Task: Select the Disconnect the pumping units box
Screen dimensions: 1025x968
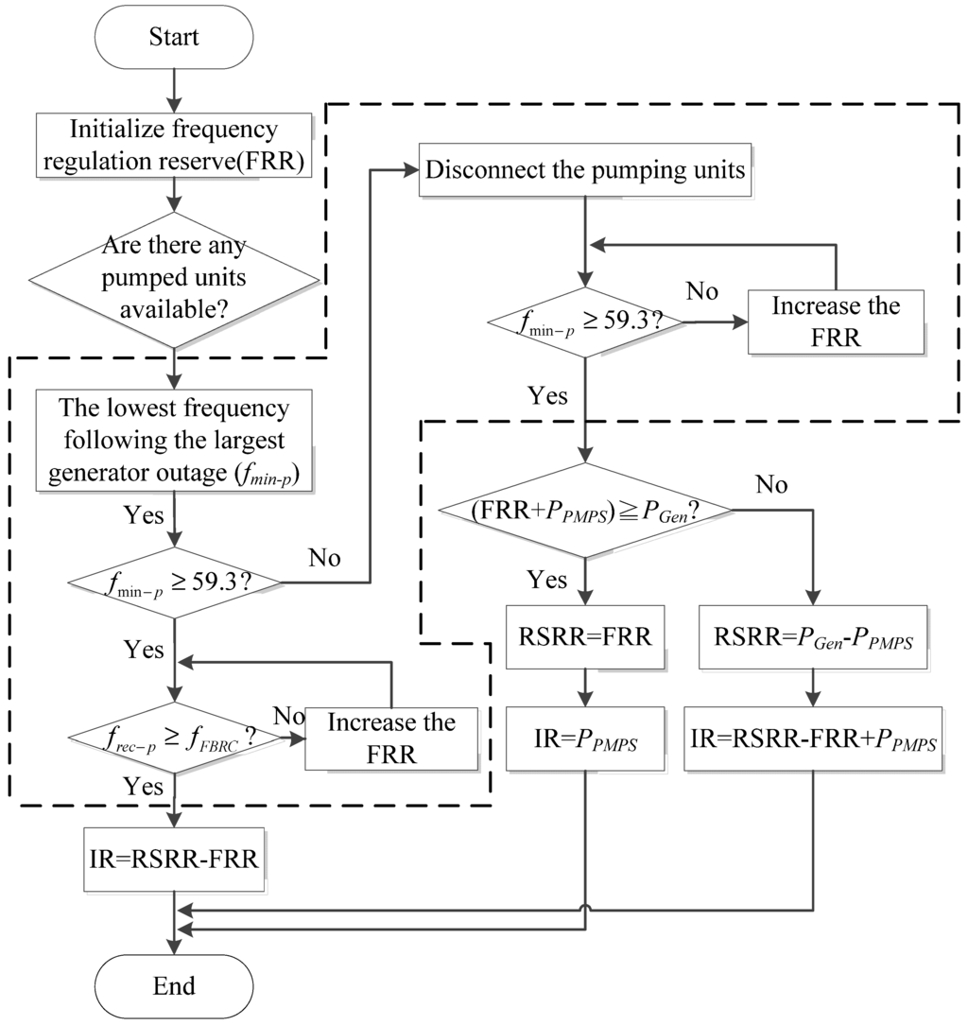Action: click(585, 172)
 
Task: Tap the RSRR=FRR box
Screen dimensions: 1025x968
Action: click(585, 635)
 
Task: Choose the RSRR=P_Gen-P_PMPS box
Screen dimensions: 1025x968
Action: click(812, 635)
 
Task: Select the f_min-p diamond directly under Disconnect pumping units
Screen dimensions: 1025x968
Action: click(585, 323)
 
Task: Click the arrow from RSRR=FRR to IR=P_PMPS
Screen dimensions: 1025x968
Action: click(585, 686)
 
